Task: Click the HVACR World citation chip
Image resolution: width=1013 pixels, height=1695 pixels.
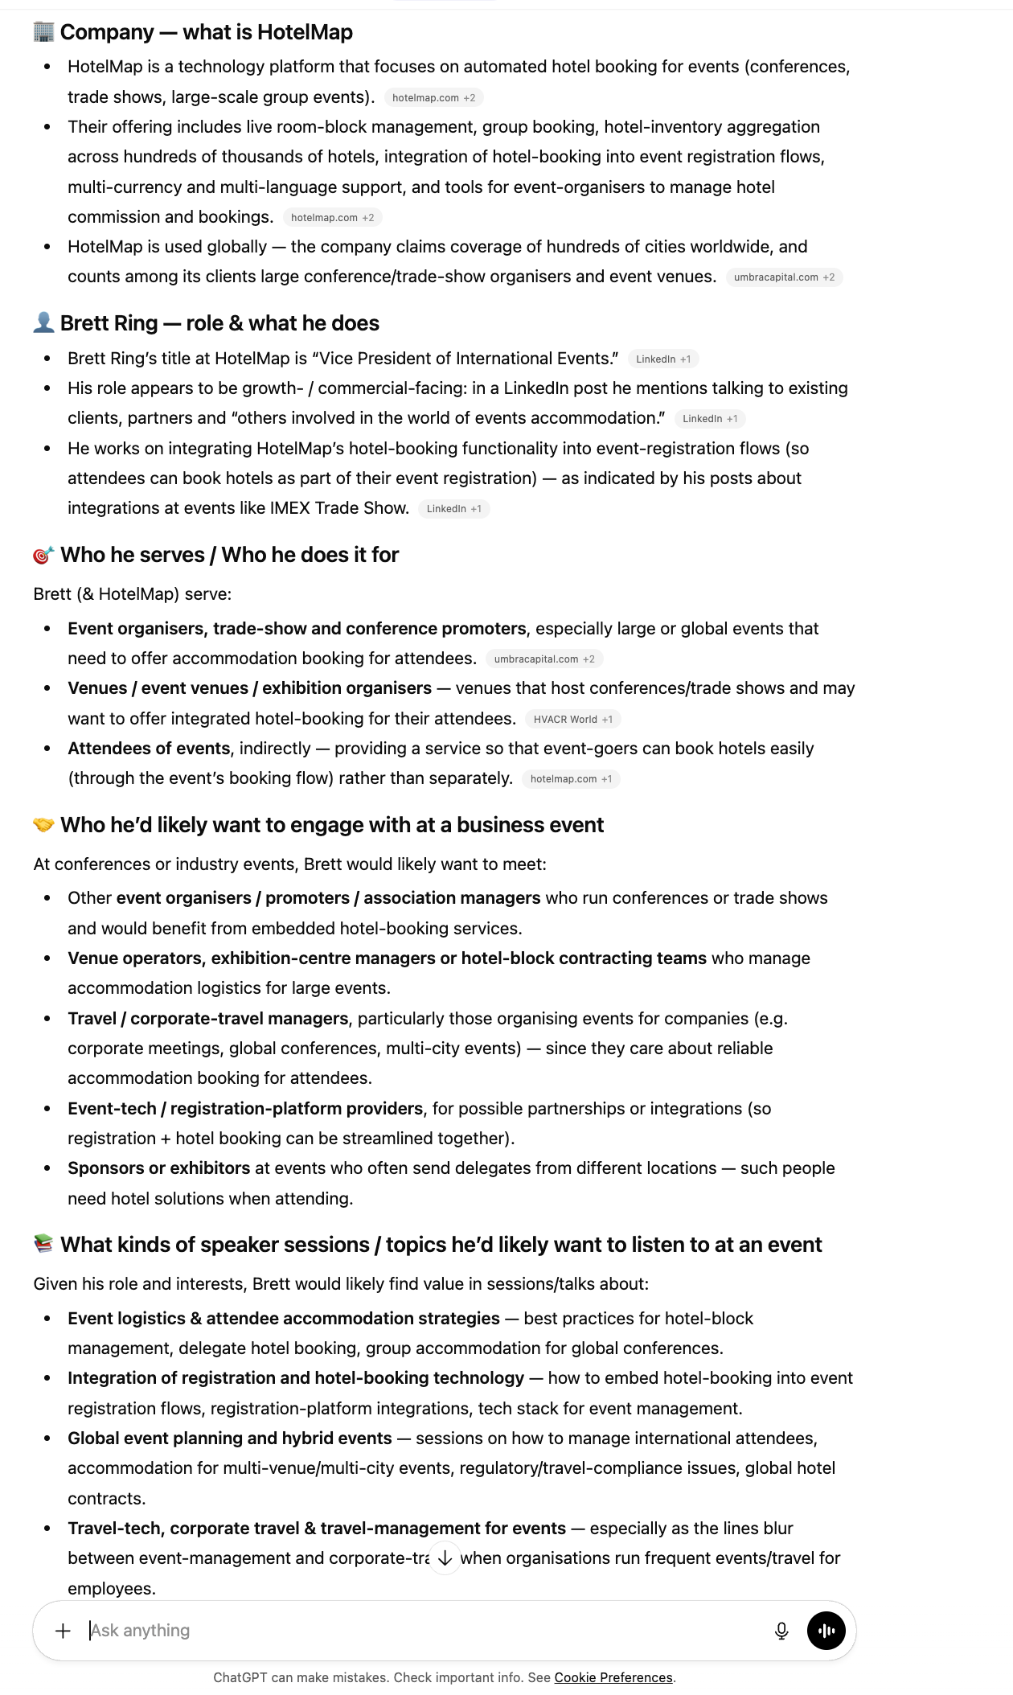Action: click(x=572, y=719)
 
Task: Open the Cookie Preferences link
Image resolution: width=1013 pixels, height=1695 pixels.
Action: click(x=613, y=1677)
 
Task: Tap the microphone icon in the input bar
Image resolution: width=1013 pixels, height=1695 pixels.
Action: click(x=781, y=1631)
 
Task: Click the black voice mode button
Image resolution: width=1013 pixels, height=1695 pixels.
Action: click(x=826, y=1631)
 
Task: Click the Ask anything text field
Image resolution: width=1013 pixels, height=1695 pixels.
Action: click(x=402, y=1631)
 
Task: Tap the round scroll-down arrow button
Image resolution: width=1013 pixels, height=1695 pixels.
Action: click(x=445, y=1558)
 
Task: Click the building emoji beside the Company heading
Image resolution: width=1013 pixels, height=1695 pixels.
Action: click(x=43, y=32)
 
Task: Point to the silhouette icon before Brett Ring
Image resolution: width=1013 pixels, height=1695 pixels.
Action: click(x=43, y=323)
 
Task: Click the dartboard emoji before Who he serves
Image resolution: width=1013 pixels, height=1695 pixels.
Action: click(x=43, y=555)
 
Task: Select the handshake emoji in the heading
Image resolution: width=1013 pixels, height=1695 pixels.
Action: click(x=43, y=825)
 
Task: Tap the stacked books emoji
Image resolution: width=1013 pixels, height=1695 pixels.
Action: click(x=43, y=1245)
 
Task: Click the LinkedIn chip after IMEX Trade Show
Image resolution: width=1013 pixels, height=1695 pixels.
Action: click(x=453, y=508)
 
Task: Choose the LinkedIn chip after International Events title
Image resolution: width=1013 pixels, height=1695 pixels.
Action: click(x=662, y=359)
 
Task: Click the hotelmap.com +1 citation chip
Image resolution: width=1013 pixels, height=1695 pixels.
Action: click(x=571, y=778)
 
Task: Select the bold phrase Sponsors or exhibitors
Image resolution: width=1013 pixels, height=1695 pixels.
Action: click(x=158, y=1168)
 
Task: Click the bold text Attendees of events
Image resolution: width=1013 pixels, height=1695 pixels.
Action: click(x=149, y=748)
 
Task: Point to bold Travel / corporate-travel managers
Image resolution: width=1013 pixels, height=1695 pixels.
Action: click(x=207, y=1018)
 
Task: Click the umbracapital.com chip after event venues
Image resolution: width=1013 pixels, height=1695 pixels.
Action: click(x=784, y=277)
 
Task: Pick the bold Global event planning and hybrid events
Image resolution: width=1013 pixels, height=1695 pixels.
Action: click(x=229, y=1438)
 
